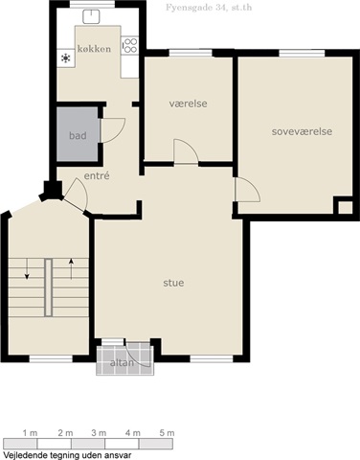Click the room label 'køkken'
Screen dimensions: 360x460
pos(94,49)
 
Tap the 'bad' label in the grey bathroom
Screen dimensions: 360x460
pos(78,135)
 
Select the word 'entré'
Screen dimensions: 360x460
pos(97,175)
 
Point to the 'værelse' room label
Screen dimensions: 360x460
pos(188,103)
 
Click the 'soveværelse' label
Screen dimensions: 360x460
pos(302,131)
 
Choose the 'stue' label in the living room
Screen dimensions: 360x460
pos(173,283)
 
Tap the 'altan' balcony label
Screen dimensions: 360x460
pos(122,363)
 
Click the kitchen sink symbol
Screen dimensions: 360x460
pos(91,16)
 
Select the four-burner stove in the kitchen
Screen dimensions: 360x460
pos(129,45)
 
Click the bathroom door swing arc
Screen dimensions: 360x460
pos(119,135)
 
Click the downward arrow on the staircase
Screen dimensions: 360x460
pos(27,268)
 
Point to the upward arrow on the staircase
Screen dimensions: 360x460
pos(71,269)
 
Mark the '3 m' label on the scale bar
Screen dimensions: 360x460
pos(99,433)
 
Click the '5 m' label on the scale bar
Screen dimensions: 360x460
pos(167,433)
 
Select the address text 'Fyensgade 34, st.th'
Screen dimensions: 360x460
pos(209,8)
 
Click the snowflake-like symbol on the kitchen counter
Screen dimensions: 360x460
pos(66,58)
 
